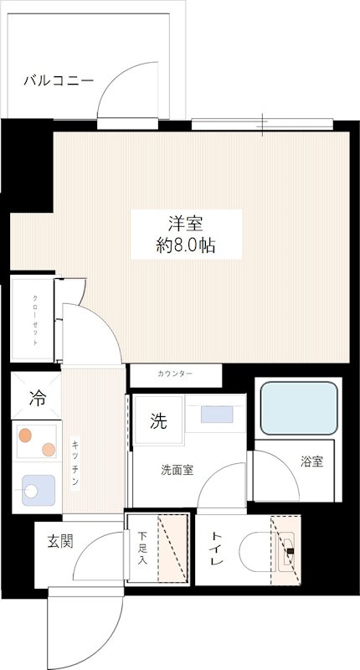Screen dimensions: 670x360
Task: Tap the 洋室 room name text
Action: click(x=186, y=224)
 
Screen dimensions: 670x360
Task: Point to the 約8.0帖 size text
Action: click(x=186, y=247)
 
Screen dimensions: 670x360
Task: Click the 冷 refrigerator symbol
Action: click(x=37, y=398)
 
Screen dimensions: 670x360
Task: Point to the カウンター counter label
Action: click(x=174, y=373)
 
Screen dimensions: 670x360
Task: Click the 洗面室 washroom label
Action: click(x=177, y=470)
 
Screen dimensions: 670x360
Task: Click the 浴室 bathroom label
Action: click(x=312, y=461)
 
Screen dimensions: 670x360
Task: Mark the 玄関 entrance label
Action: click(x=59, y=541)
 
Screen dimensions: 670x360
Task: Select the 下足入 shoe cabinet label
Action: click(x=143, y=549)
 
